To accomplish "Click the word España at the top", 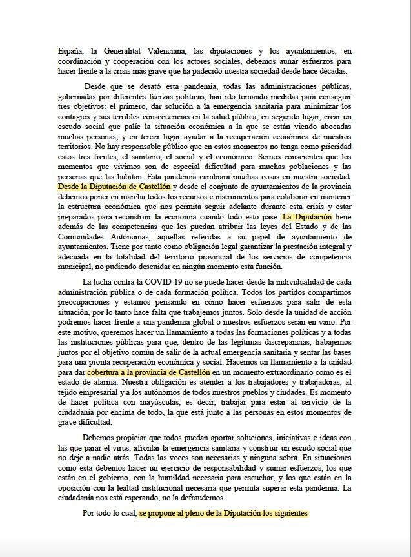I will coord(69,51).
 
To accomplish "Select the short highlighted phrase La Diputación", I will coord(306,216).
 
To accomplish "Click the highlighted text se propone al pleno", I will coord(223,514).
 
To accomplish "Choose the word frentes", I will coord(113,156).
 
